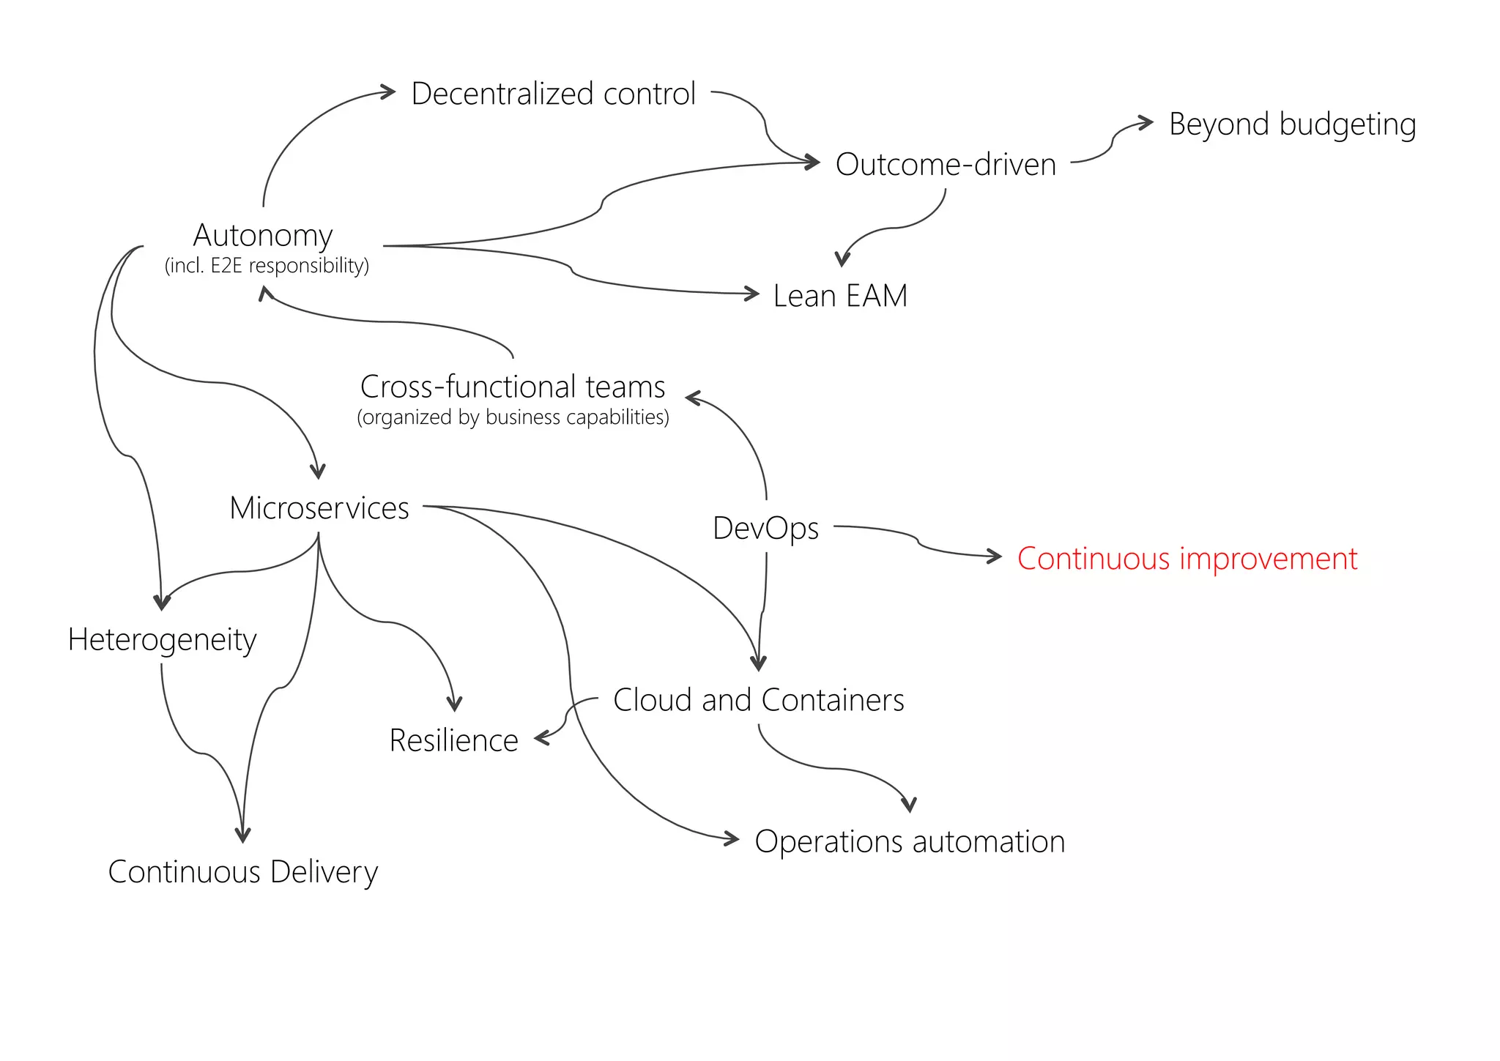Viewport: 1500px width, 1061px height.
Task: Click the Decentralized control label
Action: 553,94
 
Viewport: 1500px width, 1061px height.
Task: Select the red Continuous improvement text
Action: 1187,559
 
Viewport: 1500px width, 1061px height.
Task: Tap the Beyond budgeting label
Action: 1292,124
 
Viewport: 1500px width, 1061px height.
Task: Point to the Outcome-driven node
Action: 946,165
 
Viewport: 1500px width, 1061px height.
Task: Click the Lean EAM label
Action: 840,297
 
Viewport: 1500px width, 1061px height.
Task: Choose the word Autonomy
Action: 263,236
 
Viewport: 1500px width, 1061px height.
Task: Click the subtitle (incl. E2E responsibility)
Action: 267,265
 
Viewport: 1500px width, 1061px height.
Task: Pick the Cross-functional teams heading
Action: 513,387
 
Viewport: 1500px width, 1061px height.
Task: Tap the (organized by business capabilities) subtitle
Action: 513,417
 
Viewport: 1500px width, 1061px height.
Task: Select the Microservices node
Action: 319,508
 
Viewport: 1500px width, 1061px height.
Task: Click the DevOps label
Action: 765,528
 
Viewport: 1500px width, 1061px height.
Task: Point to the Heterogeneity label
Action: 162,640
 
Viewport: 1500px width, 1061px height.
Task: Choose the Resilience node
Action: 453,740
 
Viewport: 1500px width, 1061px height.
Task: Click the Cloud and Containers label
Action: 758,700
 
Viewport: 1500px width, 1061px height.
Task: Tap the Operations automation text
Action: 909,842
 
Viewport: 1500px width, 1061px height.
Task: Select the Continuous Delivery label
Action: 242,872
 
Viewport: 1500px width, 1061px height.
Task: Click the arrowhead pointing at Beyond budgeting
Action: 1147,122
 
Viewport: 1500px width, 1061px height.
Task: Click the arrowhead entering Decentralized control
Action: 389,92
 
